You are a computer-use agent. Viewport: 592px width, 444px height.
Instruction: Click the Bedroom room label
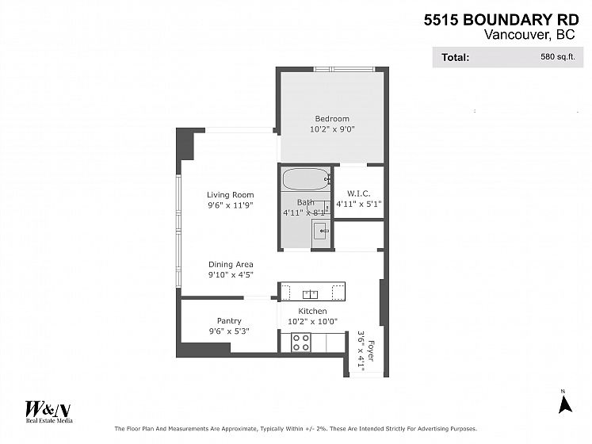point(332,119)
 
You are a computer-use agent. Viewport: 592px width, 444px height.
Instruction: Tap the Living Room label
point(231,195)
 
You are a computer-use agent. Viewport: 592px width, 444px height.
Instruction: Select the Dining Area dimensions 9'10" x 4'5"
point(231,274)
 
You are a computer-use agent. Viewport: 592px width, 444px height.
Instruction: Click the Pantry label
point(229,321)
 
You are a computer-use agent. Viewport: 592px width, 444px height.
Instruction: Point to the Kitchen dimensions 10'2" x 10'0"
point(312,322)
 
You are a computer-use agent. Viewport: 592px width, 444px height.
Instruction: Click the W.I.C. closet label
point(359,193)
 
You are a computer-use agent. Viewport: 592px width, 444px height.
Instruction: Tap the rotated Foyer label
point(371,351)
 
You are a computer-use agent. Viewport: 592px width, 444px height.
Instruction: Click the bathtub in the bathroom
point(306,179)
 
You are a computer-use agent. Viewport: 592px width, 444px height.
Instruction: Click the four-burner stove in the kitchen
point(301,343)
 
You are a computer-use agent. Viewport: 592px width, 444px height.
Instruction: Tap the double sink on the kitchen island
point(310,294)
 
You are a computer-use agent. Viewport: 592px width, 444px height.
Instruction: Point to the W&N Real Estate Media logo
point(48,411)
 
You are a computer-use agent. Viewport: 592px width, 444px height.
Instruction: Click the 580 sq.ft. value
point(558,56)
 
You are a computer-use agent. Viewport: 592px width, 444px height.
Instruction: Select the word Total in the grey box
point(455,57)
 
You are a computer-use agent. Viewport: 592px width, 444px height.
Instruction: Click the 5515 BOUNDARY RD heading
point(501,20)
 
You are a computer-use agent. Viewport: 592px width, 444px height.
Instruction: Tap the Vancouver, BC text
point(529,34)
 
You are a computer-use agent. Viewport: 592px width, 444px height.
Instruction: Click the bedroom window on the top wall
point(344,69)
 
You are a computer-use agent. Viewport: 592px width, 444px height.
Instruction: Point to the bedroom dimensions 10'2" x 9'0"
point(332,129)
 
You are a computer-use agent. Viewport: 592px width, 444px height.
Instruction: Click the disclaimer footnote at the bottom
point(296,429)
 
